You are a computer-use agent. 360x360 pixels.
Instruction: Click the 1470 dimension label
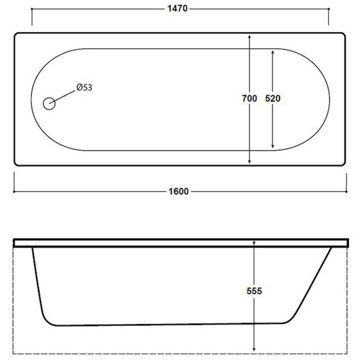click(177, 9)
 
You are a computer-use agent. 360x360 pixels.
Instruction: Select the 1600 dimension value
click(178, 192)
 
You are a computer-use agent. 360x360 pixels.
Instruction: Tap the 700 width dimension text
click(249, 99)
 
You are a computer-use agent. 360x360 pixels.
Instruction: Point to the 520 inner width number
click(273, 99)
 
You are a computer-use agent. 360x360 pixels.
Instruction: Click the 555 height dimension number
click(254, 291)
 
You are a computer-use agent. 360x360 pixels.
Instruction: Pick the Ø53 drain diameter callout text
click(84, 87)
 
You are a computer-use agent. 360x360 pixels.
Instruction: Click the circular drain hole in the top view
click(49, 103)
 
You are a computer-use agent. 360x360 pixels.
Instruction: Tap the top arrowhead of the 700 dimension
click(249, 37)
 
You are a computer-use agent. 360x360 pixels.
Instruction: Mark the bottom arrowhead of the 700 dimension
click(249, 162)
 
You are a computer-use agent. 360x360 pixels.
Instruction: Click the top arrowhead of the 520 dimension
click(273, 52)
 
